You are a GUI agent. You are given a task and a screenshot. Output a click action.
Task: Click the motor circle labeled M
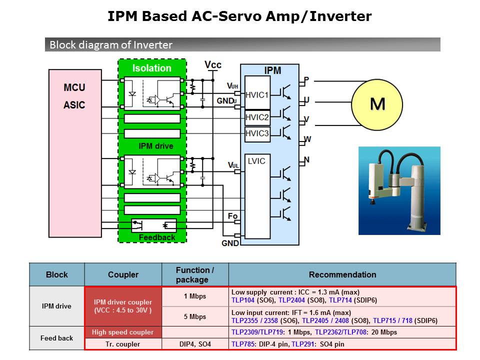tap(377, 104)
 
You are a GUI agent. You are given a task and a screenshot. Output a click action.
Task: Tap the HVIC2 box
tap(257, 118)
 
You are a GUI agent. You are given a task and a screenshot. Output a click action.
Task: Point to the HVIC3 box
tap(257, 133)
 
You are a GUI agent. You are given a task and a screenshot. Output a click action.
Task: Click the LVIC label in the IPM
tap(256, 161)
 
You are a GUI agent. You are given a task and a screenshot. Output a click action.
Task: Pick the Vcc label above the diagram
tap(213, 65)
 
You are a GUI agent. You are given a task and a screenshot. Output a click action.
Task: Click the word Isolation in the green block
tap(152, 68)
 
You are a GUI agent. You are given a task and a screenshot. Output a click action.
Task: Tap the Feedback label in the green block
tap(157, 237)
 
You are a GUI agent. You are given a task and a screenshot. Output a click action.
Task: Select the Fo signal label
tap(232, 216)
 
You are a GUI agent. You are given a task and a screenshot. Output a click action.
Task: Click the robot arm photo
tap(399, 190)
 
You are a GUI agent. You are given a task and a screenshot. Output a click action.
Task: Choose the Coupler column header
tap(123, 274)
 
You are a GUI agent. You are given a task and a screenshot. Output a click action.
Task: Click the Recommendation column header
tap(342, 274)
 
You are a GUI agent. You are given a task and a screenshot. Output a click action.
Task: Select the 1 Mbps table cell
tap(195, 296)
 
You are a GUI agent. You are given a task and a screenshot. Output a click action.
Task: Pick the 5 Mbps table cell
tap(195, 316)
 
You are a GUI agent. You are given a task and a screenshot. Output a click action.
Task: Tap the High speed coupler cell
tap(123, 332)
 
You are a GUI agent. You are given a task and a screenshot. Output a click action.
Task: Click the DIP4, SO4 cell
tap(195, 344)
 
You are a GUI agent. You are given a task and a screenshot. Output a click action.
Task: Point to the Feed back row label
tap(57, 338)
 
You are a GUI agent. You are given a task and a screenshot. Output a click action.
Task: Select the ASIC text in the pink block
tap(74, 105)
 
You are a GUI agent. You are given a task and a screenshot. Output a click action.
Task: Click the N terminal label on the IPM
tap(306, 160)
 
